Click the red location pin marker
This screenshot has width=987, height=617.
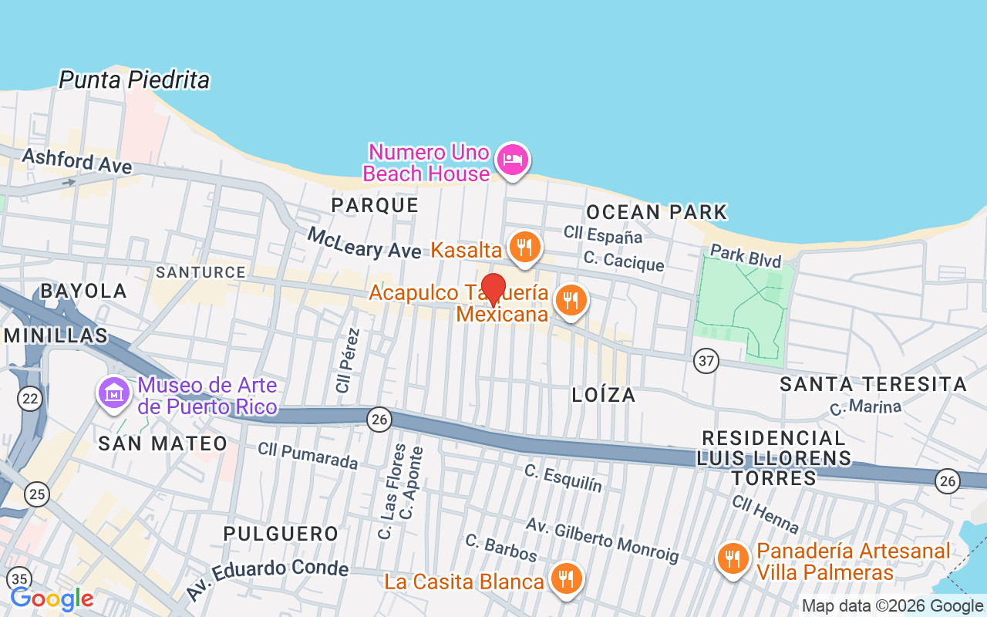click(493, 289)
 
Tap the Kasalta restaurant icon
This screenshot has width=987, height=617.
click(524, 248)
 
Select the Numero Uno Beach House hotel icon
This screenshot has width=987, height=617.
click(512, 160)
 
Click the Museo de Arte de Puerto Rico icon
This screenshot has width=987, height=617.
click(113, 393)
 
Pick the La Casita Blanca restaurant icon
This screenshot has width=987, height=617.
click(567, 578)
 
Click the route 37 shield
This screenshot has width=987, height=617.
click(706, 360)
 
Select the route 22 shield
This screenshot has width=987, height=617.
click(30, 399)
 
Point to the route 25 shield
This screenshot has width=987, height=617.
click(35, 494)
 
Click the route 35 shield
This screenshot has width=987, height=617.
click(19, 578)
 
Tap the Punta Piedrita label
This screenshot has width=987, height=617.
click(134, 79)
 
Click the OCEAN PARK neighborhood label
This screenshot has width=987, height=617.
click(656, 212)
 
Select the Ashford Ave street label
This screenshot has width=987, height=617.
click(77, 161)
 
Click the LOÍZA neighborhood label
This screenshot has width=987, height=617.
click(604, 395)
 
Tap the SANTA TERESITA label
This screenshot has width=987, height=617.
click(873, 384)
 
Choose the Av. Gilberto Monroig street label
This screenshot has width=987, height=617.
click(602, 539)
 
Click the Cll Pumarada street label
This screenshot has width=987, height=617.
click(308, 455)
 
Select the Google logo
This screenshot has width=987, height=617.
click(52, 598)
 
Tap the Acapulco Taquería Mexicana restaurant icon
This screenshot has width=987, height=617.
click(571, 302)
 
